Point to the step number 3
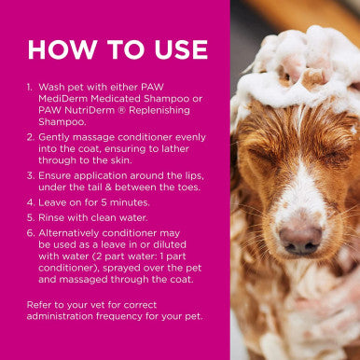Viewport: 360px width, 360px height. point(30,175)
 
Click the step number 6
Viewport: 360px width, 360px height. point(30,232)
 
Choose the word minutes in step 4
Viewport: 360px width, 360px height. point(128,201)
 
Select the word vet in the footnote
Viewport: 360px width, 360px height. point(92,304)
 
